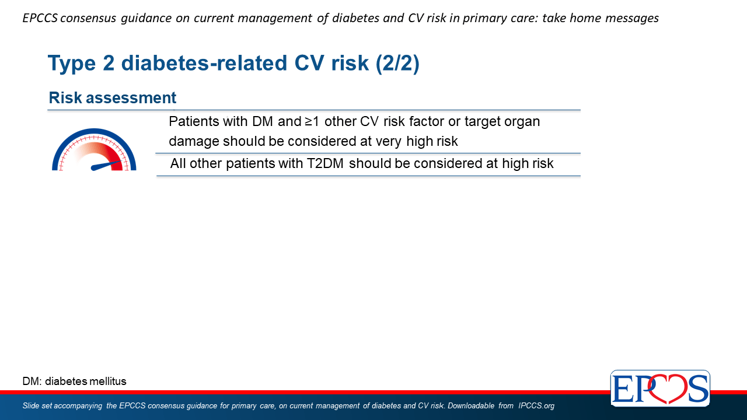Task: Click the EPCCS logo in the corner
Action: (x=660, y=388)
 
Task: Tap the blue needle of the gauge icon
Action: (x=106, y=165)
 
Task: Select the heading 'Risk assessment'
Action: (x=113, y=97)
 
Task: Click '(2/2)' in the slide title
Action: (x=397, y=63)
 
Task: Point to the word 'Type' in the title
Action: (x=72, y=64)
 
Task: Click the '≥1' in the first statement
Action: (x=312, y=122)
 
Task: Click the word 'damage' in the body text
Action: (x=194, y=142)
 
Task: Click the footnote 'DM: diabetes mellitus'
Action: (x=74, y=381)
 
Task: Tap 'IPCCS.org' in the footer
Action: (x=536, y=405)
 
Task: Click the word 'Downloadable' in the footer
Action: (x=470, y=405)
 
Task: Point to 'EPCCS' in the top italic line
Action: (x=40, y=18)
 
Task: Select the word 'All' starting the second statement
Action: (x=178, y=164)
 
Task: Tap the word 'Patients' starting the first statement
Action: (x=194, y=122)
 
